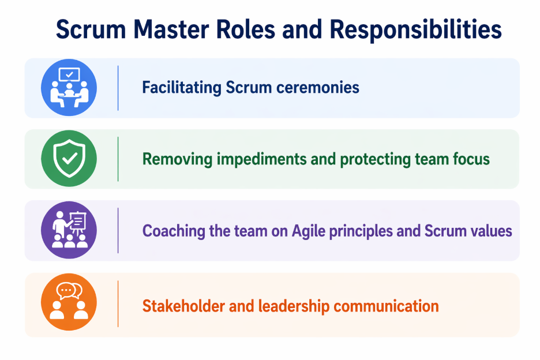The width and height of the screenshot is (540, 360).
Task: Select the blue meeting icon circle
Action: pos(69,88)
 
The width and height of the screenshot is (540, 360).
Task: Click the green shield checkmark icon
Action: pos(69,159)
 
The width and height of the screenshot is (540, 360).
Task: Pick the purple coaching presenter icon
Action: pos(69,230)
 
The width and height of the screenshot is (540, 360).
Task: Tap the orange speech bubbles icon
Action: pos(69,303)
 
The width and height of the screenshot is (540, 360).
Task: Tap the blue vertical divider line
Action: pos(118,88)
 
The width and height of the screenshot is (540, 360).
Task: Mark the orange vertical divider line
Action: pos(118,304)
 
